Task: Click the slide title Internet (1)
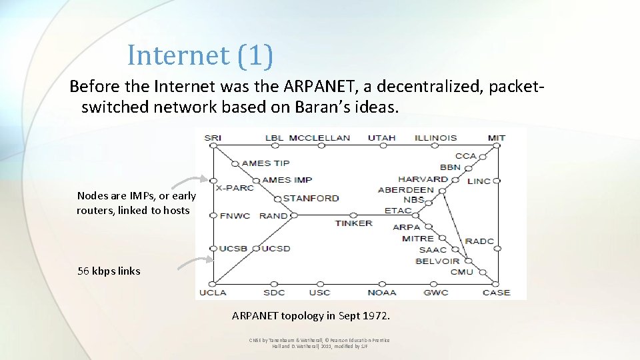(200, 55)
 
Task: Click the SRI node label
(213, 138)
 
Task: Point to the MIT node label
(497, 138)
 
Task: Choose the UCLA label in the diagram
(213, 292)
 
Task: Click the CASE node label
(496, 292)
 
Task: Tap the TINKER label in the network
(353, 223)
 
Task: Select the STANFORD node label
(311, 198)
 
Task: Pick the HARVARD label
(423, 179)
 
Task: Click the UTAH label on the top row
(382, 138)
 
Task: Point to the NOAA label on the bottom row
(382, 292)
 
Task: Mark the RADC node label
(479, 241)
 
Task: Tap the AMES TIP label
(265, 163)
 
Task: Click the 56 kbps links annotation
(109, 271)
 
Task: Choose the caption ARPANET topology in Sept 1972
(311, 315)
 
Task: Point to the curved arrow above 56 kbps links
(194, 262)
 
